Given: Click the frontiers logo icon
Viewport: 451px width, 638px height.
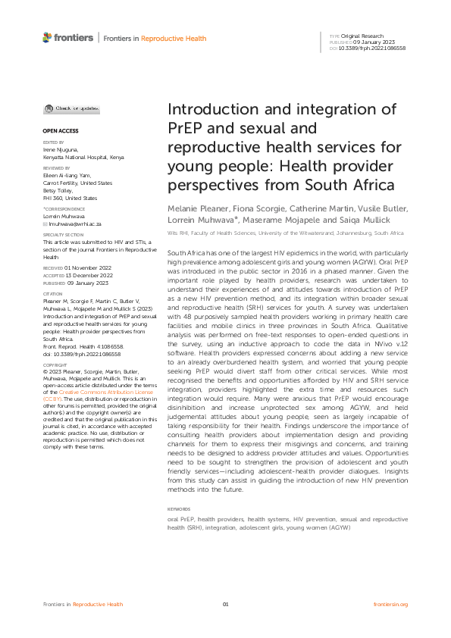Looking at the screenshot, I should [x=47, y=37].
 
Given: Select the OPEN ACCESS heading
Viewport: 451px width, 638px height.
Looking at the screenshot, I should [x=57, y=130].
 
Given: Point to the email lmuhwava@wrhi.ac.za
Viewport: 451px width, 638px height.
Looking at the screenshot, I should [x=74, y=224].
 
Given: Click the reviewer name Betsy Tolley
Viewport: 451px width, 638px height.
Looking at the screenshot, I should [x=58, y=190].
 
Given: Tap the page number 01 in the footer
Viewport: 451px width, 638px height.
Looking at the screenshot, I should [x=225, y=604].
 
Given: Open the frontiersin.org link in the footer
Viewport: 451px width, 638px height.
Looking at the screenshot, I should [x=391, y=604].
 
